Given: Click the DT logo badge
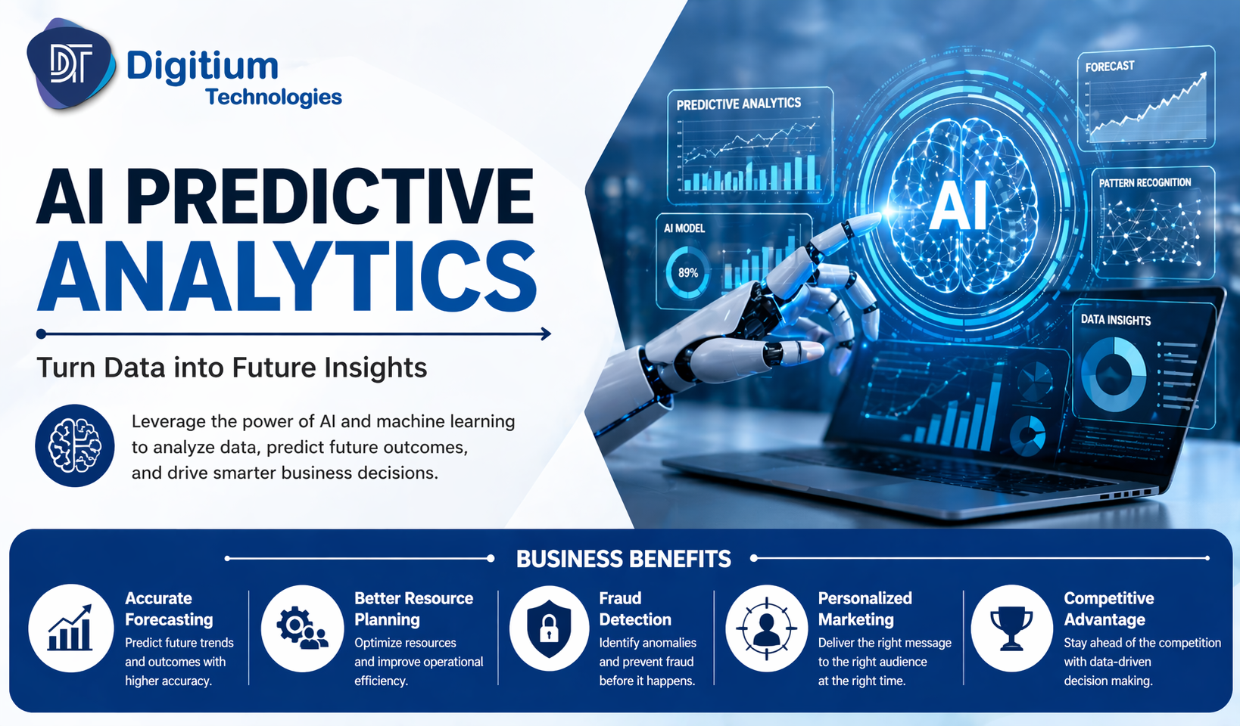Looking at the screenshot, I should click(x=70, y=64).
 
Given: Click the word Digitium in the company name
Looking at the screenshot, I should click(x=202, y=67).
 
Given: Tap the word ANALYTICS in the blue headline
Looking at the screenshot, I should click(x=288, y=277).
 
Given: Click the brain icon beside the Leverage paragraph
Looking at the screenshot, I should click(x=75, y=445).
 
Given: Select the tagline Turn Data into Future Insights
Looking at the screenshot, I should click(x=232, y=368).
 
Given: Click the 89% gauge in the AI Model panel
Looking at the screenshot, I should click(x=687, y=273).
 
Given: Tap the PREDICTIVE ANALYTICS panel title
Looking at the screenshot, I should click(x=738, y=104).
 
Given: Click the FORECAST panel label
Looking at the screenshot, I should click(x=1109, y=67).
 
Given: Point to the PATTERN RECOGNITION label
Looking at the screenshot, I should click(x=1145, y=183).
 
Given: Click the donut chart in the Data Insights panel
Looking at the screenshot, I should click(x=1113, y=374).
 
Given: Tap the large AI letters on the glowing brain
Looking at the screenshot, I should click(x=958, y=206).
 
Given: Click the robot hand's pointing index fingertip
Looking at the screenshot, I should click(x=871, y=220).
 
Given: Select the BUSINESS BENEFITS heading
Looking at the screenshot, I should click(x=623, y=559).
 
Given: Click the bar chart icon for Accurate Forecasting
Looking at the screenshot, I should click(x=70, y=628).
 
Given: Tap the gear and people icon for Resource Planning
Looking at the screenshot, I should click(x=302, y=628).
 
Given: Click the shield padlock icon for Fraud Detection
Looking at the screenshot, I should click(x=549, y=628).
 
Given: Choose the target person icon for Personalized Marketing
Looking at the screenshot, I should click(x=766, y=628).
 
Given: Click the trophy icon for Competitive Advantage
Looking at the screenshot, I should click(x=1011, y=628).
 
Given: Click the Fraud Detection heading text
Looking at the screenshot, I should click(x=634, y=609).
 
